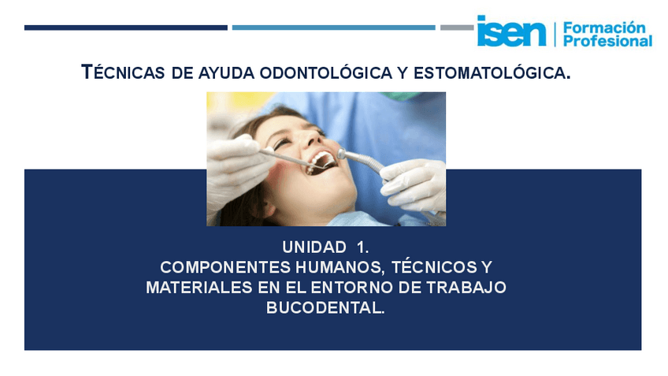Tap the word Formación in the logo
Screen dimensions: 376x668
603,27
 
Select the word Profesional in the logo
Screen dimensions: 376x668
607,41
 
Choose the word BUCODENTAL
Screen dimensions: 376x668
325,309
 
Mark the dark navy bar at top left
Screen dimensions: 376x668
125,28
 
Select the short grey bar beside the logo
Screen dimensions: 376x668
457,28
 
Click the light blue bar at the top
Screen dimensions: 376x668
333,28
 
